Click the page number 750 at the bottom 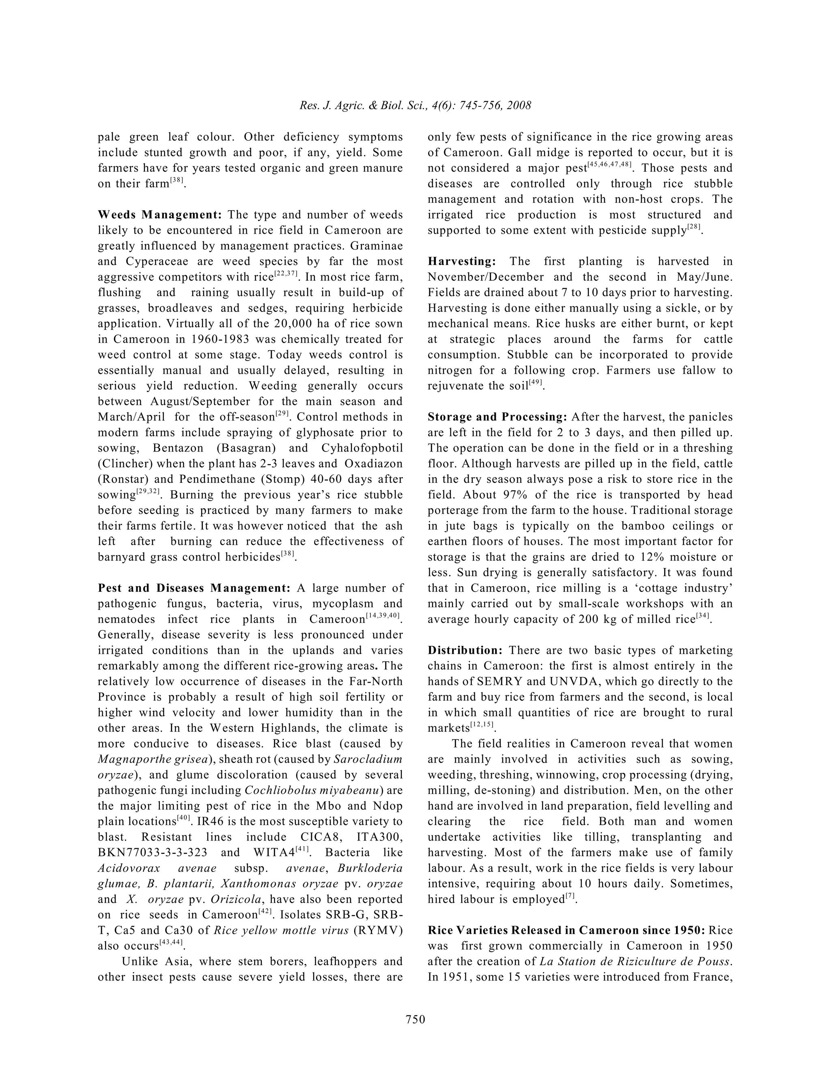coord(415,1019)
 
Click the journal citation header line coord(415,105)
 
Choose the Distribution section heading coord(465,650)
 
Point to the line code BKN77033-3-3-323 coord(153,853)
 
